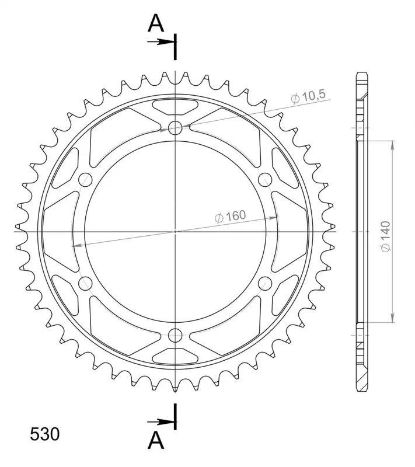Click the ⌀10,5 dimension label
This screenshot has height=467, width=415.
coord(308,96)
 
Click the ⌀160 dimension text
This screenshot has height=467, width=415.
coord(231,216)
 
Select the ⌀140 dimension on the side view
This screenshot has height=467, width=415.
coord(386,236)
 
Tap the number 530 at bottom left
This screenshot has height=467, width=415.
coord(45,434)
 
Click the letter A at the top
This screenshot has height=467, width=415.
coord(156,23)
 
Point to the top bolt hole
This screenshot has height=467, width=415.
coord(175,128)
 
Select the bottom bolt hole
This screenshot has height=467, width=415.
coord(175,335)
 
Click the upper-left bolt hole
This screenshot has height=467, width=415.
coord(85,180)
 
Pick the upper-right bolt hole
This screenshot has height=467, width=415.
coord(265,180)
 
